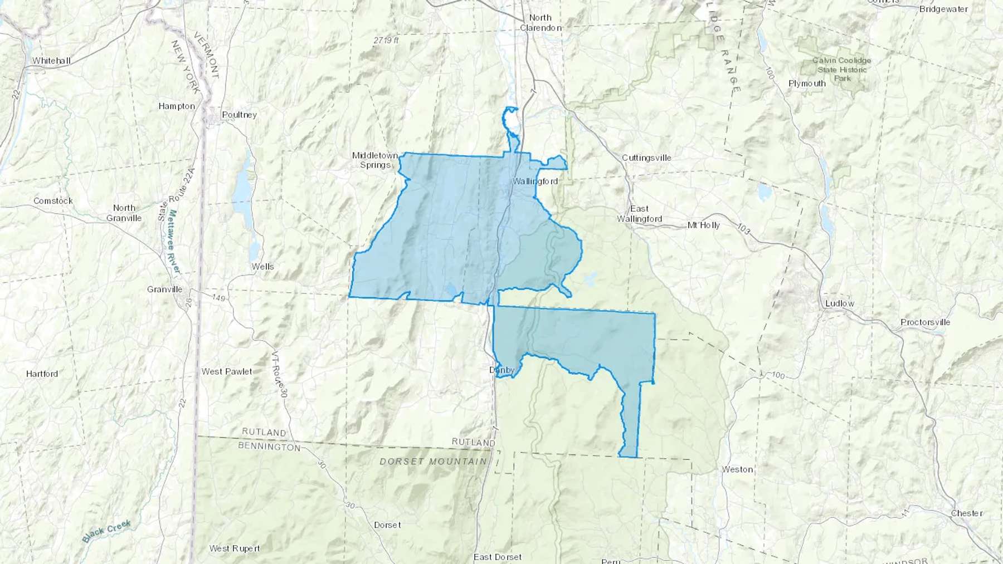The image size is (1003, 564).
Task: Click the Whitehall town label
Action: point(51,61)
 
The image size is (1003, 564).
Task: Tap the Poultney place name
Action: point(239,115)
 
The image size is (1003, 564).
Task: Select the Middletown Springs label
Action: point(374,160)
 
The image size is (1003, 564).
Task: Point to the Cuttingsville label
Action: point(646,158)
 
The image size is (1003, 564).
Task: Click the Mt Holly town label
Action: point(703,225)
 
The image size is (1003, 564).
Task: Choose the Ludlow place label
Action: point(839,303)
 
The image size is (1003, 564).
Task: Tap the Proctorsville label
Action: point(925,322)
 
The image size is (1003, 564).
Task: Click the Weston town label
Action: point(737,469)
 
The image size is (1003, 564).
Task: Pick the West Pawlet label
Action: point(227,371)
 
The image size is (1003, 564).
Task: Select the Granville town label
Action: point(164,289)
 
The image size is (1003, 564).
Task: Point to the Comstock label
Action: point(53,201)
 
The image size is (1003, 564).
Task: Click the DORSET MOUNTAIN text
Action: point(433,462)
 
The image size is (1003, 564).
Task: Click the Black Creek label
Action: point(106,531)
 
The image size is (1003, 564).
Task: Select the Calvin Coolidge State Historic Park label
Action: point(841,69)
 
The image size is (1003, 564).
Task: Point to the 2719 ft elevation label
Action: point(386,40)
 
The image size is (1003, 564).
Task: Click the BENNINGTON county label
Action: point(269,447)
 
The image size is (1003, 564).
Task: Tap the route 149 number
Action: point(218,298)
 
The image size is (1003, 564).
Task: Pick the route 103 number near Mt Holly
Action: point(743,228)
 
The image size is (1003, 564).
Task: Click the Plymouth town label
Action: point(807,84)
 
